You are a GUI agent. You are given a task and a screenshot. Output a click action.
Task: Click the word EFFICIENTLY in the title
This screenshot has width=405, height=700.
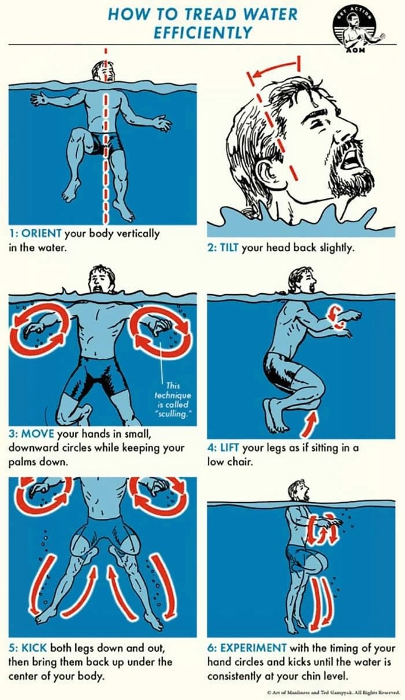pyautogui.click(x=202, y=33)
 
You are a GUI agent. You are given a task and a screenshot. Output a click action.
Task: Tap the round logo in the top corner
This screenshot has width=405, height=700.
pyautogui.click(x=358, y=30)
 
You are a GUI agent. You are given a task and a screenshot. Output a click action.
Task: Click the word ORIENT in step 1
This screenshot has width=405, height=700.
pyautogui.click(x=42, y=233)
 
